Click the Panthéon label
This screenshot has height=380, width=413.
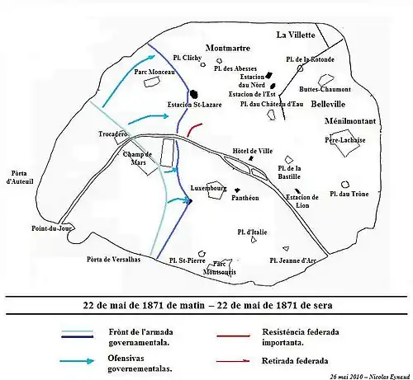point(246,199)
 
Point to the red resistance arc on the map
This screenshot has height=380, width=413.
point(193,129)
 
